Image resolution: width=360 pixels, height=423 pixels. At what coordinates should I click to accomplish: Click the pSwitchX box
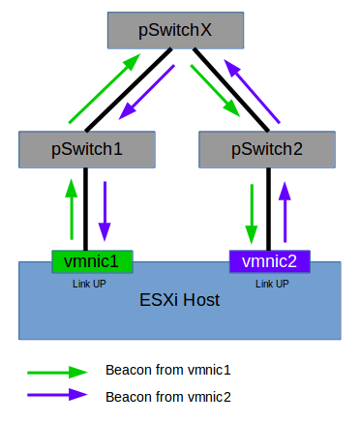point(174,30)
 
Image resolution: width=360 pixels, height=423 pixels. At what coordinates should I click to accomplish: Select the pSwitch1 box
point(86,149)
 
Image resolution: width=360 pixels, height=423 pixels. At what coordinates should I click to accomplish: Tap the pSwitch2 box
point(266,149)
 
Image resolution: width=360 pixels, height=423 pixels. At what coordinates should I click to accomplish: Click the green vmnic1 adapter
point(91,260)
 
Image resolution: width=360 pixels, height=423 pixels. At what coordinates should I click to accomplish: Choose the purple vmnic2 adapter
point(269,260)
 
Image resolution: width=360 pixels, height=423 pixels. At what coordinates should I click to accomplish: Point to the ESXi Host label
point(178,300)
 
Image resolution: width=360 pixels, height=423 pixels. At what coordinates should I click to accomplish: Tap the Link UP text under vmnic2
point(271,284)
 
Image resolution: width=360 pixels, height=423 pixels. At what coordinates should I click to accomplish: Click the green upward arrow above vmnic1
point(71,209)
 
